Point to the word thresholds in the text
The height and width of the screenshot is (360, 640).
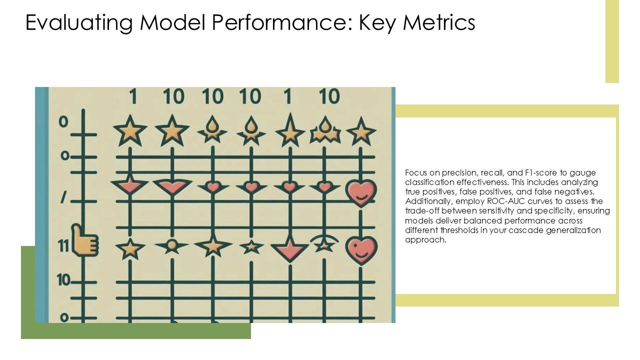coord(457,230)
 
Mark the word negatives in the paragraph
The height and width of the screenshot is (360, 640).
coord(573,192)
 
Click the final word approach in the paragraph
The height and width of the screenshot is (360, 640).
coord(425,240)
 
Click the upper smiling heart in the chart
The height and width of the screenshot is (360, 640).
coord(361,193)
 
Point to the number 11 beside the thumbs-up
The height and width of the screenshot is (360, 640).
coord(63,246)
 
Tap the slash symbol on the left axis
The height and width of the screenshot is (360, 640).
coord(63,198)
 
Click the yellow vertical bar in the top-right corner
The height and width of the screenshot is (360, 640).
coord(612,41)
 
